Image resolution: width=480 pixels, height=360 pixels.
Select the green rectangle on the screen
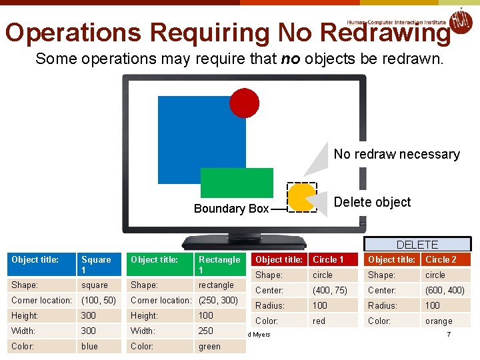tap(237, 183)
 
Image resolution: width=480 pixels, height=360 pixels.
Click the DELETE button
tap(417, 245)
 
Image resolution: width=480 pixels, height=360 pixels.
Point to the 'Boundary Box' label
tap(231, 209)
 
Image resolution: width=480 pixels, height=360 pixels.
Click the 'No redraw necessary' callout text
tap(397, 154)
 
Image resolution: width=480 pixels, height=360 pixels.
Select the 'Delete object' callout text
tap(372, 202)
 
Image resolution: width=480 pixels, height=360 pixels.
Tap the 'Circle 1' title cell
tap(333, 259)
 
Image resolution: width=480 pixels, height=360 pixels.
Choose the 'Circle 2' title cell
tap(446, 259)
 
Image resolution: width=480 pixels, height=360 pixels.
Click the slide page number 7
tap(449, 333)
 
